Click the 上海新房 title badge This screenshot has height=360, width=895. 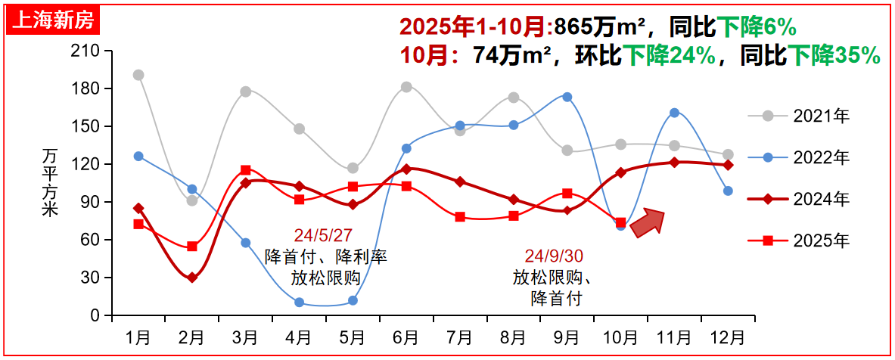53,20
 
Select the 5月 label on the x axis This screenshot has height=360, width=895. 353,335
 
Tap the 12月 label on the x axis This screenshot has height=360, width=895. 728,335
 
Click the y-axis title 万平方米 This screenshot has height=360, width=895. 50,182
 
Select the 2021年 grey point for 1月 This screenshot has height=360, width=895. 138,75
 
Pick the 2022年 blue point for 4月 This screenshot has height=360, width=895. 299,303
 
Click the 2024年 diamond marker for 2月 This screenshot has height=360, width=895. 192,278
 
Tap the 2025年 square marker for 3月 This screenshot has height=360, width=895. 246,170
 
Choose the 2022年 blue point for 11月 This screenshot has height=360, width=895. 674,113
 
